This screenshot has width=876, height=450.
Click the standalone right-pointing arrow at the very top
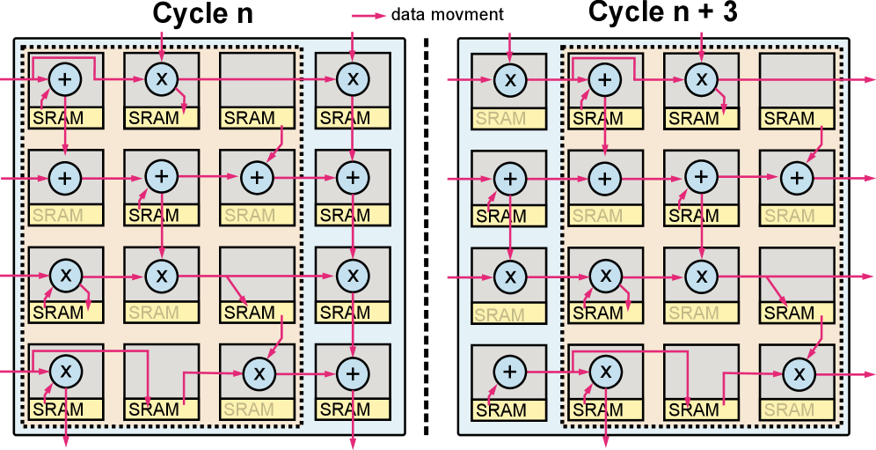[x=369, y=15]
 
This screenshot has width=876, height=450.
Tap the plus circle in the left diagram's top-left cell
[x=64, y=79]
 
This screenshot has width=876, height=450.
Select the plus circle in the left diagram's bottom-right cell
[x=353, y=373]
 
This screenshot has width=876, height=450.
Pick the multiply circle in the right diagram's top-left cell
[x=509, y=80]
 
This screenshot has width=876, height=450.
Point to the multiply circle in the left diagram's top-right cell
[x=353, y=79]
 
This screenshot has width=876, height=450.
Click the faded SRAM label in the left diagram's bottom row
[x=249, y=409]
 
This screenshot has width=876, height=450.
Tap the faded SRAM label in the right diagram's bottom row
[x=789, y=409]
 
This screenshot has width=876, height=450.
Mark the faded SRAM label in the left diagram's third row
[x=154, y=313]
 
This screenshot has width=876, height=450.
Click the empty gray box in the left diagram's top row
[x=257, y=79]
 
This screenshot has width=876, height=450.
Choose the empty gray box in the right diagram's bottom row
[x=701, y=370]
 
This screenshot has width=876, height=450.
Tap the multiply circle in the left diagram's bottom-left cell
[x=64, y=370]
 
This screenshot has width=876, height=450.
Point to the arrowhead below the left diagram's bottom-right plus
[x=353, y=442]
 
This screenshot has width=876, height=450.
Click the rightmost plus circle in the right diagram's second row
[x=797, y=178]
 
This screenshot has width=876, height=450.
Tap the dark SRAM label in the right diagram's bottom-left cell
[x=500, y=410]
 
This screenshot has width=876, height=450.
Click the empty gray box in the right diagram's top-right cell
[x=797, y=79]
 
